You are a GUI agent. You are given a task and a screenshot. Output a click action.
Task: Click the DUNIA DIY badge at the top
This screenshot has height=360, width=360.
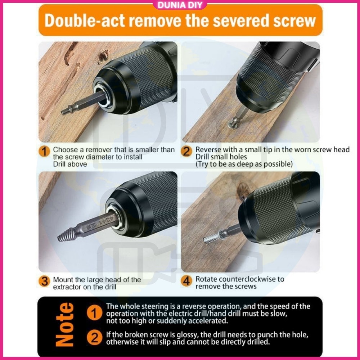tap(180, 5)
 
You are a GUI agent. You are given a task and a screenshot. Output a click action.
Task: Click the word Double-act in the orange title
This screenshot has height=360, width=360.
tap(85, 21)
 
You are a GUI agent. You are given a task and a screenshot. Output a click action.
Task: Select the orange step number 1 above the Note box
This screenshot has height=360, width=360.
tap(44, 151)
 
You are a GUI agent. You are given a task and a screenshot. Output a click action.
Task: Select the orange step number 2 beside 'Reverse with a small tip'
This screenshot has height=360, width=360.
tap(186, 151)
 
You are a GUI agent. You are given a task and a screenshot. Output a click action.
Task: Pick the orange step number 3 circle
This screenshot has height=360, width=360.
tap(44, 281)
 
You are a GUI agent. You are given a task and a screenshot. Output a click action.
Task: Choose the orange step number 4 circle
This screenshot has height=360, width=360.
tap(186, 281)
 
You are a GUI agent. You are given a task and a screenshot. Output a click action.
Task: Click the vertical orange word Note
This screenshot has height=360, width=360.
tap(65, 324)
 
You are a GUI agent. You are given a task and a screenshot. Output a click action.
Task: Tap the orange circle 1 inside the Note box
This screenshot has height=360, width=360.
tap(94, 313)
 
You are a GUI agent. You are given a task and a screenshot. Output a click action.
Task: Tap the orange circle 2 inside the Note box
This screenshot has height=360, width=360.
tap(94, 338)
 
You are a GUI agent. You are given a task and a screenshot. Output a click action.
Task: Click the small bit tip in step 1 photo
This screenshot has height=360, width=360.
tap(65, 112)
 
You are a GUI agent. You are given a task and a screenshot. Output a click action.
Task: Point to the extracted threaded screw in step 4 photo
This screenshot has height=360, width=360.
tap(212, 238)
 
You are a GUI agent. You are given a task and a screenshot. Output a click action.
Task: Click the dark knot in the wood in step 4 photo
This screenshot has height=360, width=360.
tap(243, 191)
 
